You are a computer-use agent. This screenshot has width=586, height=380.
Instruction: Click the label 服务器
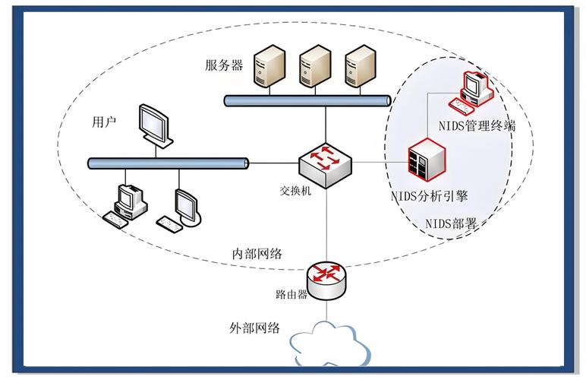tap(224, 65)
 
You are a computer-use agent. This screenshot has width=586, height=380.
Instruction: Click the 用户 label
tap(104, 122)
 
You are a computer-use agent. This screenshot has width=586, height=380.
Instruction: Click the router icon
tap(326, 276)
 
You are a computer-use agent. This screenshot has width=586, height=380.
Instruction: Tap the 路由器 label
tap(291, 294)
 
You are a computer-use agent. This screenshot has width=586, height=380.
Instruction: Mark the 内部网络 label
tap(257, 254)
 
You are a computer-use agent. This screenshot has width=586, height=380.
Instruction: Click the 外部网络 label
tap(255, 328)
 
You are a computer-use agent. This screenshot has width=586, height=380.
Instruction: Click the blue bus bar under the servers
tap(307, 100)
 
